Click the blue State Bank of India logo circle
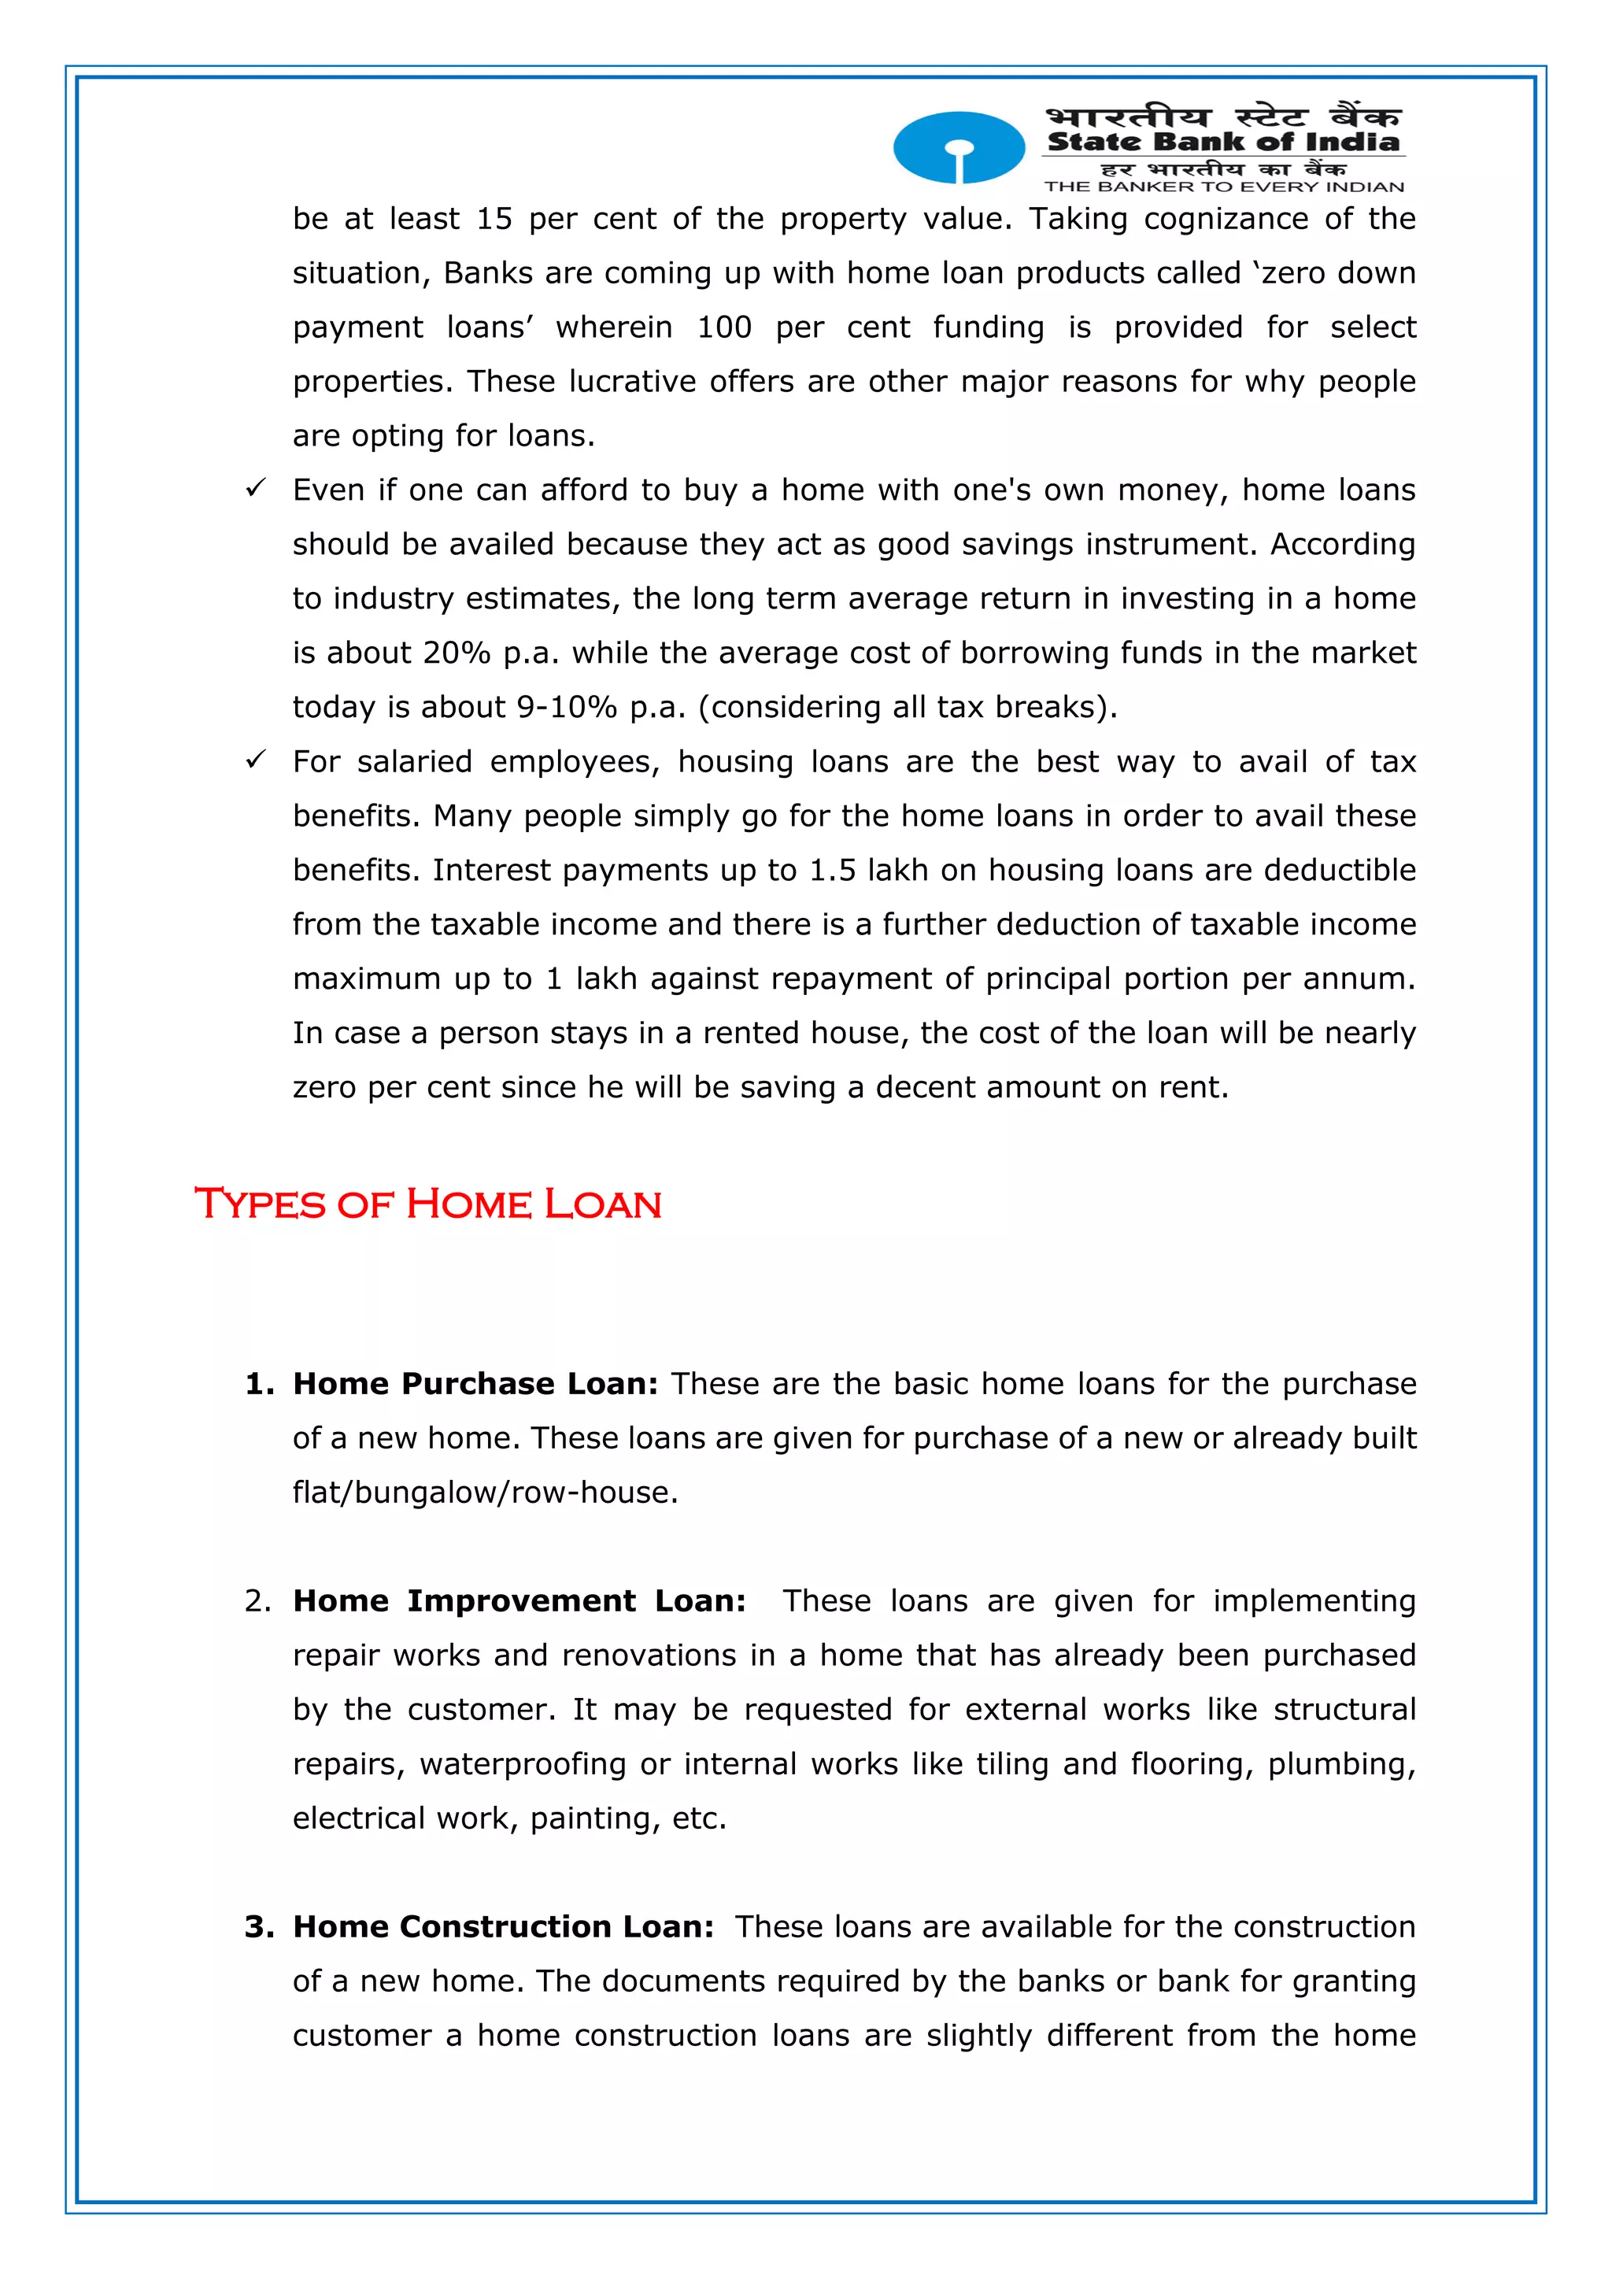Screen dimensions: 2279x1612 click(958, 147)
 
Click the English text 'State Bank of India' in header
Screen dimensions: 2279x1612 click(1223, 142)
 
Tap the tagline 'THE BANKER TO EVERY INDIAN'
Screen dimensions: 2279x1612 click(1223, 187)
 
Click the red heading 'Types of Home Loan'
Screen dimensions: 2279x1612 click(428, 1204)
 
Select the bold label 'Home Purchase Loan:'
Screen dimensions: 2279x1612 click(475, 1384)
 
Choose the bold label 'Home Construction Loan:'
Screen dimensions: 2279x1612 click(503, 1926)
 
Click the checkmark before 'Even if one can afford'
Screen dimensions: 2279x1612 click(255, 488)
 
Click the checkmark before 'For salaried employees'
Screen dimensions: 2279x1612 click(255, 760)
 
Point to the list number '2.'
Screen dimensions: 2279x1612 click(257, 1601)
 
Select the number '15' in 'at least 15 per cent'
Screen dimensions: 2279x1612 click(494, 218)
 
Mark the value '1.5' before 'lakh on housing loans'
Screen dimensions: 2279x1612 click(832, 870)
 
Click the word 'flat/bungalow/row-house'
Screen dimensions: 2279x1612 click(484, 1492)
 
